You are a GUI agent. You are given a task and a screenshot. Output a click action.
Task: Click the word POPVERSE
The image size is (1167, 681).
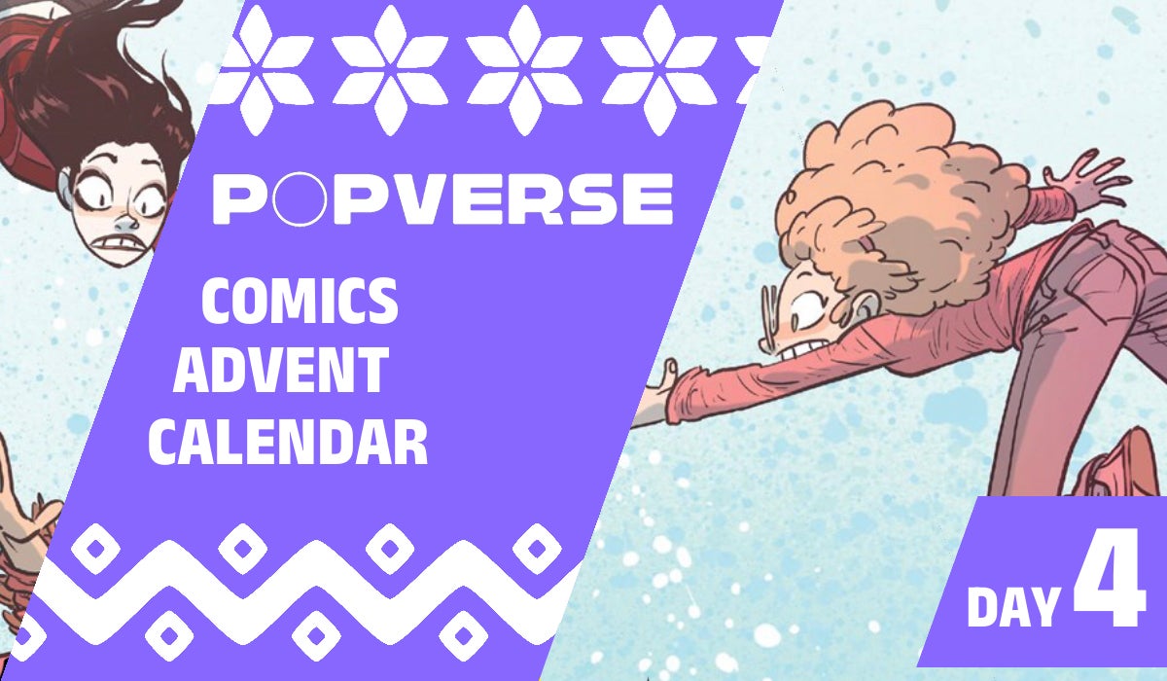(x=442, y=199)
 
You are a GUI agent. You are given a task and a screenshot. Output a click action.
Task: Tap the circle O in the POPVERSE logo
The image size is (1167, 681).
(x=290, y=199)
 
